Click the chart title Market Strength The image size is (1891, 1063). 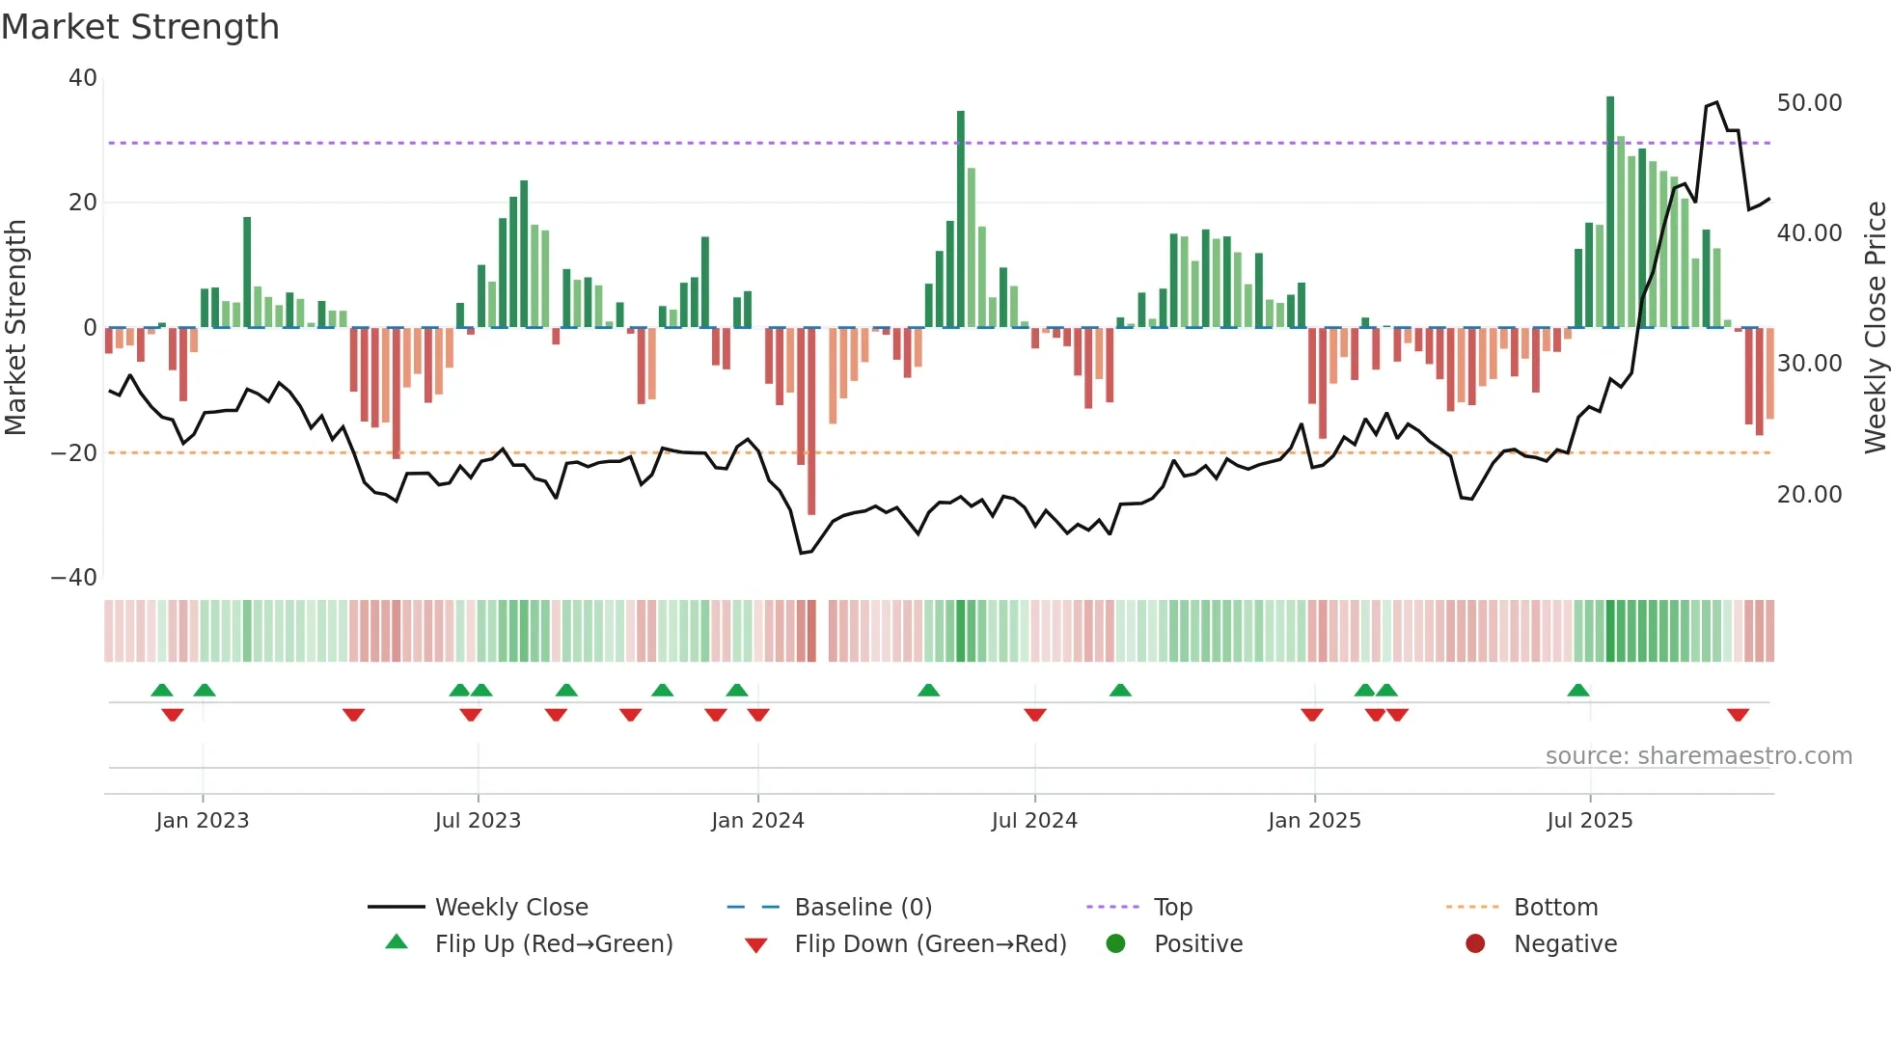click(141, 27)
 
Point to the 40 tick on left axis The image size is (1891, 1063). click(83, 78)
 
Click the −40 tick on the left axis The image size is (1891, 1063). click(74, 578)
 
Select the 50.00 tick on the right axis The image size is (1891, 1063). click(1809, 103)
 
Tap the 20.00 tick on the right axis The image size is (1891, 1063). click(1809, 495)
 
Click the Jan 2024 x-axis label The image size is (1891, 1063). click(757, 821)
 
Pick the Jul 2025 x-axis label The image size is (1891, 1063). click(1589, 821)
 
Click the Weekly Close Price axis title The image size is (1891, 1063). click(1875, 328)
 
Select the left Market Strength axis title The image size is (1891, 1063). click(16, 328)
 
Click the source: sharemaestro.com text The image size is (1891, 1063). click(1698, 756)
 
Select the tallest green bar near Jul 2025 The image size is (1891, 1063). click(1610, 212)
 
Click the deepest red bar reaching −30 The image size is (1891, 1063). click(811, 421)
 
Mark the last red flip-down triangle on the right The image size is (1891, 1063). click(1738, 715)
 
